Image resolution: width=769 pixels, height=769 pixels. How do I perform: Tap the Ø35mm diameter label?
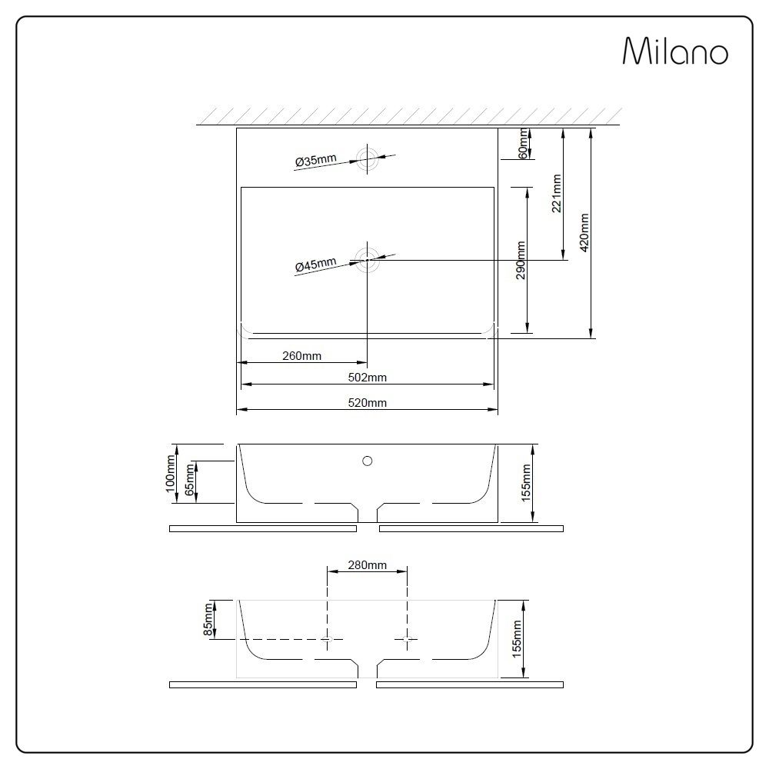pos(315,161)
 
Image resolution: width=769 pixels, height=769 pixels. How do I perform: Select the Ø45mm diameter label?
pos(315,265)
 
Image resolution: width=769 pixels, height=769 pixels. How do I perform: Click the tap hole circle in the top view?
pos(368,159)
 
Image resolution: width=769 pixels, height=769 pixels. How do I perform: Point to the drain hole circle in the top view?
pos(368,259)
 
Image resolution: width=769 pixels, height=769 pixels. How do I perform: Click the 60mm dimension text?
pos(524,144)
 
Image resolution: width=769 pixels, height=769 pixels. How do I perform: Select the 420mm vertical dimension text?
pos(585,233)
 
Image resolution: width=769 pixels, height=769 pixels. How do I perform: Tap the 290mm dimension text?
pos(521,260)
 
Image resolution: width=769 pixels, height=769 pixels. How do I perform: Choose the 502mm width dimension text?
pos(367,378)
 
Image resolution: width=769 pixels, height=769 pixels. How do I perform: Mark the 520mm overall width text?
pos(367,403)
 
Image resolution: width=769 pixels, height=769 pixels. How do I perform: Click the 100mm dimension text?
pos(171,474)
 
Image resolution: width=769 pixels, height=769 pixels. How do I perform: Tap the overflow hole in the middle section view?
pos(368,461)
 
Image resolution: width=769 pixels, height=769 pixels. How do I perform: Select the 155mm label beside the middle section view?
pos(527,483)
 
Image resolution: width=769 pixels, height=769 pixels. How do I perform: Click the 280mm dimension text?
pos(367,565)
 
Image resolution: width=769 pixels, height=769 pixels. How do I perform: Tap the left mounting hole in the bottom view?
pos(328,639)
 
